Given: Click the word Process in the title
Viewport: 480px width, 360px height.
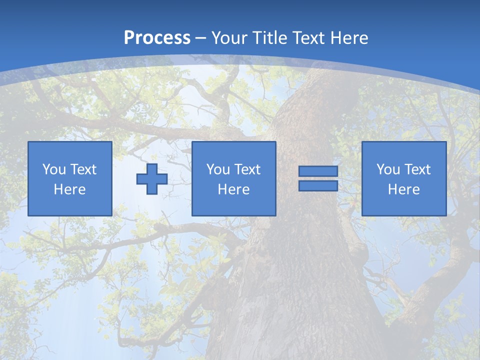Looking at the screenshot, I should coord(157,38).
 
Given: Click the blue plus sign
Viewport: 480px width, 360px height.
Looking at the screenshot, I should coord(152,179).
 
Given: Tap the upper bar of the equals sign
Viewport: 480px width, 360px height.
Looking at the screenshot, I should coord(318,171).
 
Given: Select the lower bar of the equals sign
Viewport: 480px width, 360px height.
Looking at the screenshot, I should coord(318,186).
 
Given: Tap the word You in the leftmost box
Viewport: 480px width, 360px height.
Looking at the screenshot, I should coord(54,169).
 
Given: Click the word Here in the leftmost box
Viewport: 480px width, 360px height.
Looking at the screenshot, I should coord(70,189).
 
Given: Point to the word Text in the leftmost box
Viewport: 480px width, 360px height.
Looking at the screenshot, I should coord(83,169).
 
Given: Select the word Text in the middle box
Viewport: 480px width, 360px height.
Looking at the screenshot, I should coord(247,169).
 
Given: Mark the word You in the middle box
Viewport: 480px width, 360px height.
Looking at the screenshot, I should coord(218,169).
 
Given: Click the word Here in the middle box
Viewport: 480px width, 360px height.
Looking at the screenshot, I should coord(234,189).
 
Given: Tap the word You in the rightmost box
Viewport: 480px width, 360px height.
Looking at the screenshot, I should coord(388,169).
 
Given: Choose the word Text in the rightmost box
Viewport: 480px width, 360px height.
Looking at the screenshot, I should coord(417,169).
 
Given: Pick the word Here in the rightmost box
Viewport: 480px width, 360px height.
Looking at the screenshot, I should coord(404,189).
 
